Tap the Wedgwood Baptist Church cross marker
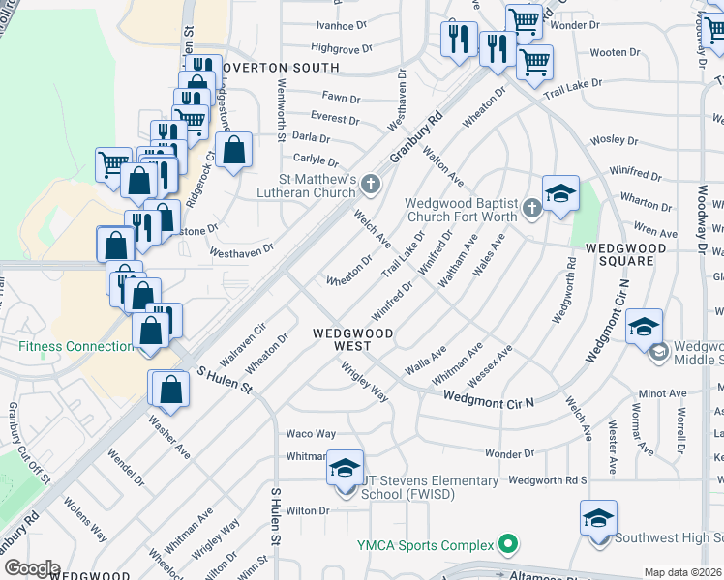[530, 208]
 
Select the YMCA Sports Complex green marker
[505, 545]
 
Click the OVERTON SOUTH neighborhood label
[280, 68]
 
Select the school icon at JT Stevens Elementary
[346, 470]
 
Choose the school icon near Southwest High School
[598, 518]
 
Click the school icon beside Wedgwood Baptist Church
[560, 194]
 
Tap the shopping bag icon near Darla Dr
[233, 151]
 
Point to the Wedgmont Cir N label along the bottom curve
[489, 397]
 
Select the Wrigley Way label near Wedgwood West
[365, 382]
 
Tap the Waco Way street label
[311, 434]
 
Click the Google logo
[32, 568]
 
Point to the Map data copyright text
[683, 572]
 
